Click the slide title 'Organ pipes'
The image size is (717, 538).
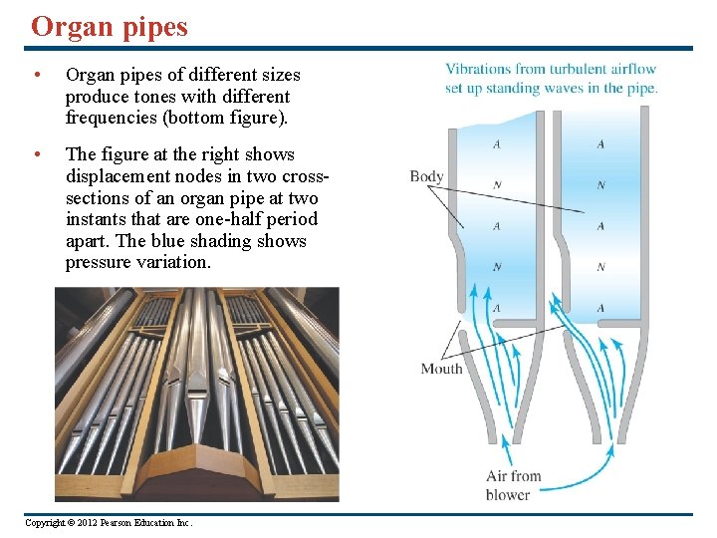point(110,27)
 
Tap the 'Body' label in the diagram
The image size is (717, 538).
point(426,177)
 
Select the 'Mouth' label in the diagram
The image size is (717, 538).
point(441,369)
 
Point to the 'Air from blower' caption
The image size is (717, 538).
point(512,485)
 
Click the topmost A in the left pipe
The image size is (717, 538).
point(497,144)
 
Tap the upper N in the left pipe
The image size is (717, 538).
point(497,184)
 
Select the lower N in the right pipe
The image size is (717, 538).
point(600,267)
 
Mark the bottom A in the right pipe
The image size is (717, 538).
point(600,308)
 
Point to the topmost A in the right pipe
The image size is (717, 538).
point(600,144)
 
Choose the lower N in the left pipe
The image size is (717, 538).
point(497,267)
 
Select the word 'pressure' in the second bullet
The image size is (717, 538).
point(97,263)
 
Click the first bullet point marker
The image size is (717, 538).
point(36,76)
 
